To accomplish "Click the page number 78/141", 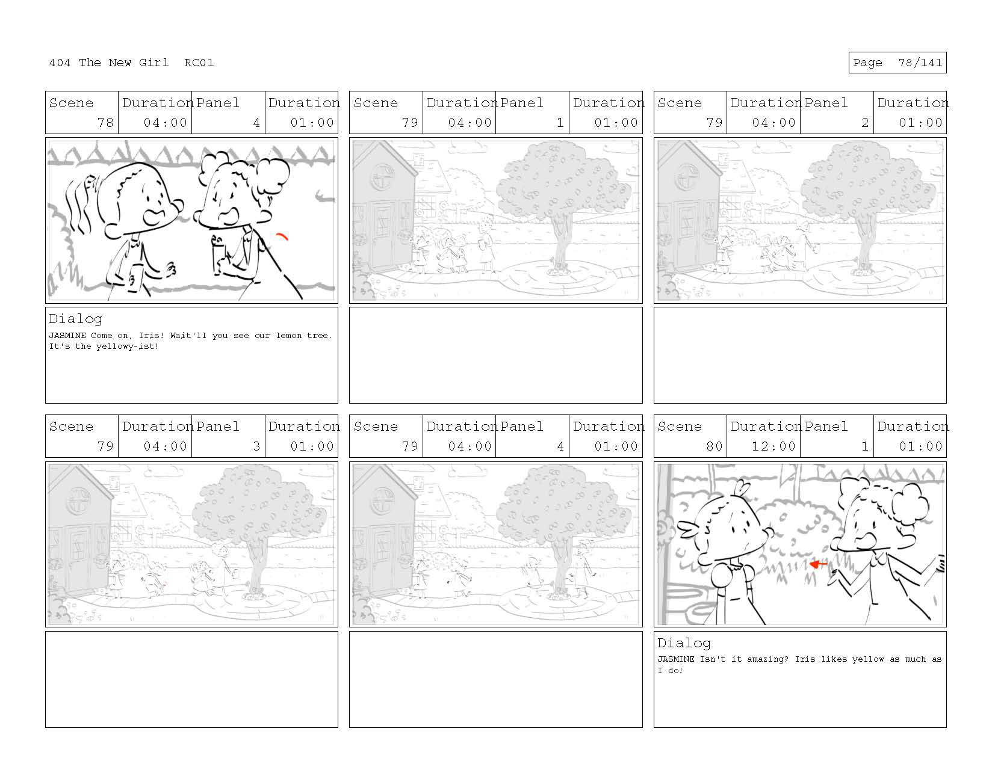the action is click(x=920, y=63).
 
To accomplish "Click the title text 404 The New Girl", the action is click(x=108, y=63).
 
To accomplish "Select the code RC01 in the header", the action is click(x=199, y=63).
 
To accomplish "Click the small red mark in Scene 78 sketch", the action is click(x=282, y=236).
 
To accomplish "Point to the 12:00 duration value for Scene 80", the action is click(x=773, y=446).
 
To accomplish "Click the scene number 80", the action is click(x=715, y=446).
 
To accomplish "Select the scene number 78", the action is click(x=105, y=123).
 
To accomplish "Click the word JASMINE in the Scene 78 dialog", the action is click(x=67, y=336).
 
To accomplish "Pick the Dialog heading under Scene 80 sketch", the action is click(x=684, y=643).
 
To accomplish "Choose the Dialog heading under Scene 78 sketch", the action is click(x=75, y=319).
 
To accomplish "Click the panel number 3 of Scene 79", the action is click(x=256, y=446).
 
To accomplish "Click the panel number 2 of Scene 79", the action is click(x=864, y=123).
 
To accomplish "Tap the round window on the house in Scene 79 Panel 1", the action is click(x=382, y=177).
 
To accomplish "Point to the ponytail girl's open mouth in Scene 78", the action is click(x=155, y=217).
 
